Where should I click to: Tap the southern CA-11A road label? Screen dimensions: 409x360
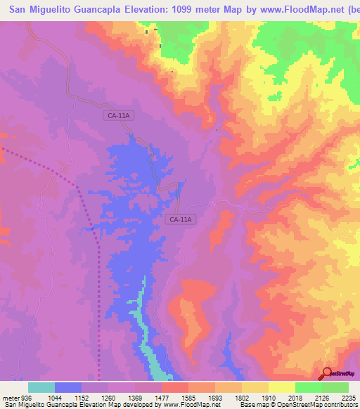181,219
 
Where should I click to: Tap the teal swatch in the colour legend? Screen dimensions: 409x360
41,388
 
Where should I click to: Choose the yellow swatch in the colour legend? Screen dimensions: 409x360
281,388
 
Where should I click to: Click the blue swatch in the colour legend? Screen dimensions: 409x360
68,388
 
